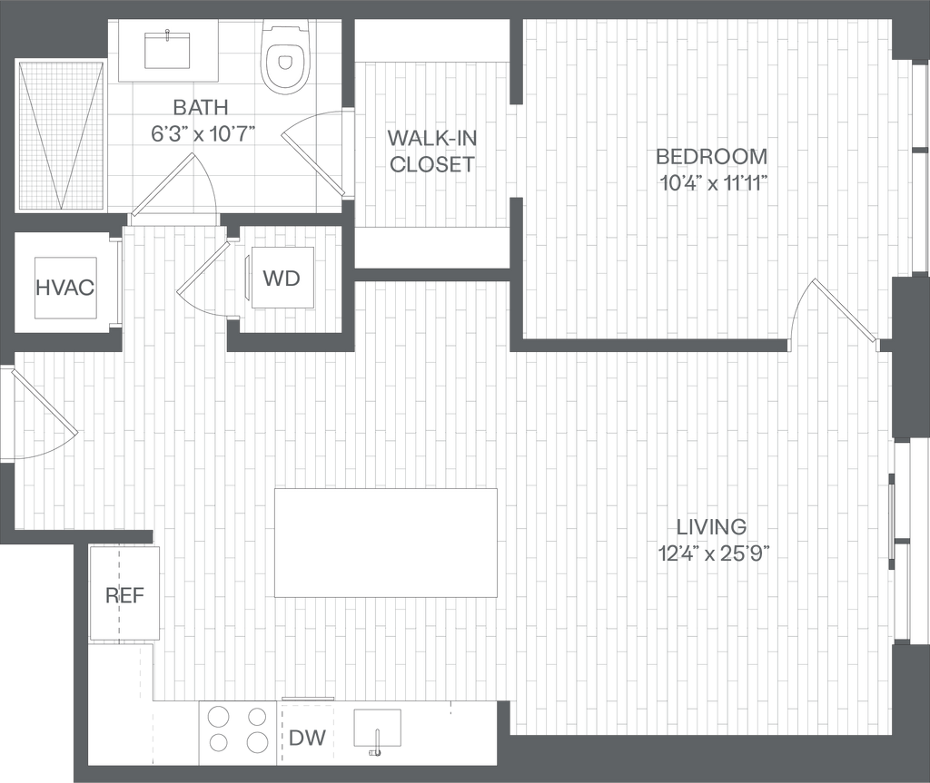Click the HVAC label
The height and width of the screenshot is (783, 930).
click(64, 289)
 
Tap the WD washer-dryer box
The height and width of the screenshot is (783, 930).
click(281, 279)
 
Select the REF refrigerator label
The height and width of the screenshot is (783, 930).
click(124, 595)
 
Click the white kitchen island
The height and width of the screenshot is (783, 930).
click(387, 543)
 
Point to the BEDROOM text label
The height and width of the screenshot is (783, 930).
click(712, 157)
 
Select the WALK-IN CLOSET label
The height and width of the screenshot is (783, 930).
click(431, 151)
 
